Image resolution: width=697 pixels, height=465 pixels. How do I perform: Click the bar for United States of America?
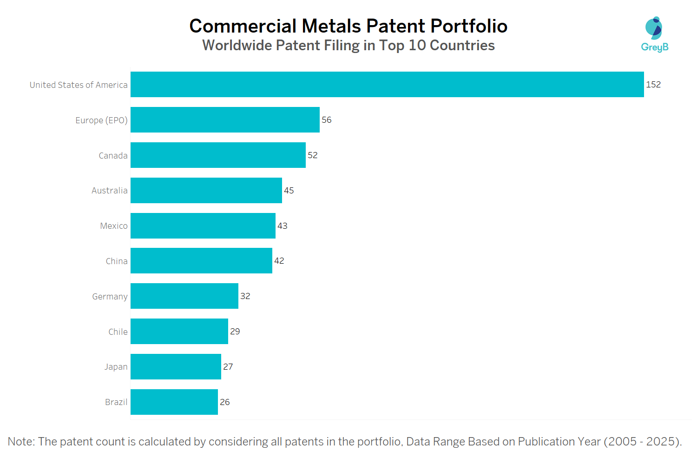tap(387, 84)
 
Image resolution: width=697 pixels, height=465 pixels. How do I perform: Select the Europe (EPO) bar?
tap(225, 120)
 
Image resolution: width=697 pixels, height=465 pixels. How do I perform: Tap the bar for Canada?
tap(218, 155)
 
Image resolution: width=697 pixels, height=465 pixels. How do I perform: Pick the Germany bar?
tap(184, 296)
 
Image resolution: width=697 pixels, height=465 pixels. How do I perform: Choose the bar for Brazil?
tap(174, 402)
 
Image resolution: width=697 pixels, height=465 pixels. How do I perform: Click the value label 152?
tap(653, 85)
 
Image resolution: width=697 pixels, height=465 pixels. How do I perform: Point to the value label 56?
tap(327, 120)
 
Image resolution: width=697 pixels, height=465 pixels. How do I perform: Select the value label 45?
tap(289, 191)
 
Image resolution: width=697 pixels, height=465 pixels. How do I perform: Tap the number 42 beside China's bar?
tap(279, 261)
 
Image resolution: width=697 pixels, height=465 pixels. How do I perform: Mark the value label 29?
tap(235, 332)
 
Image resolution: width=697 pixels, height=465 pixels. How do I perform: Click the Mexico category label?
tap(114, 226)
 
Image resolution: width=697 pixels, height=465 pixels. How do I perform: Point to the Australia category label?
tap(109, 191)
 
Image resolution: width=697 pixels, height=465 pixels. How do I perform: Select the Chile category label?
tap(118, 332)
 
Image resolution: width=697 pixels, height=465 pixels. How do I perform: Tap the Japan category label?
tap(116, 367)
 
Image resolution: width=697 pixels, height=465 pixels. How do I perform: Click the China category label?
tap(117, 261)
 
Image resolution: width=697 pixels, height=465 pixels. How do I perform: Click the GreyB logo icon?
tap(654, 28)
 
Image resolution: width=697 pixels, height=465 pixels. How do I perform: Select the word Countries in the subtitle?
tap(462, 46)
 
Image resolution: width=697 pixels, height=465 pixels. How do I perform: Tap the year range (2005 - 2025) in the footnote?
tap(642, 442)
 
